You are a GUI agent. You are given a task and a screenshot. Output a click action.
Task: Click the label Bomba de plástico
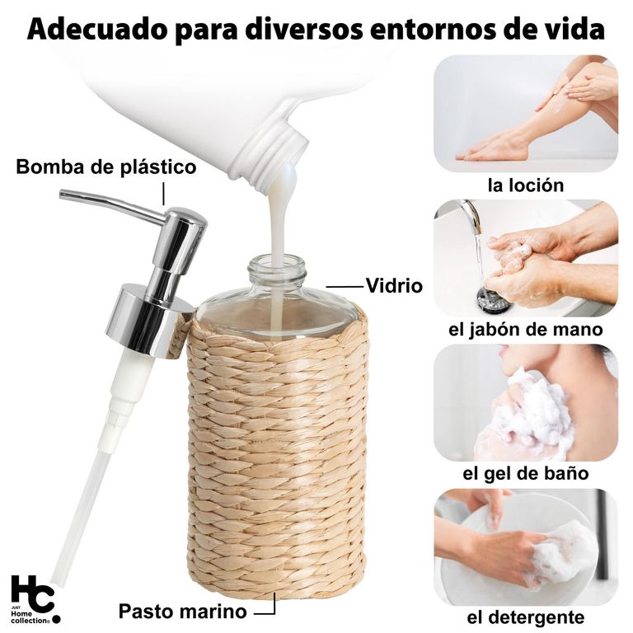point(106,166)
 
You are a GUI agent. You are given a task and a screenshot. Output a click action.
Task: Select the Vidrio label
point(394,285)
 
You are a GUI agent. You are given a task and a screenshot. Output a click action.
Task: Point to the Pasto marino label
point(182,611)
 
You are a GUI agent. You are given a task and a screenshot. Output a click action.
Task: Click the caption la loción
point(526,185)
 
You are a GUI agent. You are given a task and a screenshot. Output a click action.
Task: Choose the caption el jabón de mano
point(526,330)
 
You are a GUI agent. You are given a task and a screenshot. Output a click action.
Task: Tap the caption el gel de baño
point(526,473)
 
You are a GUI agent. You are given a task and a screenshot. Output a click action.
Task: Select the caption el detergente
point(526,617)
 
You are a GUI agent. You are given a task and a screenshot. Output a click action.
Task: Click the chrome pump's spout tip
point(62,195)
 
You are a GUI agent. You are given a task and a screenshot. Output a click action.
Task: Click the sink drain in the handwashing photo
point(495,298)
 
